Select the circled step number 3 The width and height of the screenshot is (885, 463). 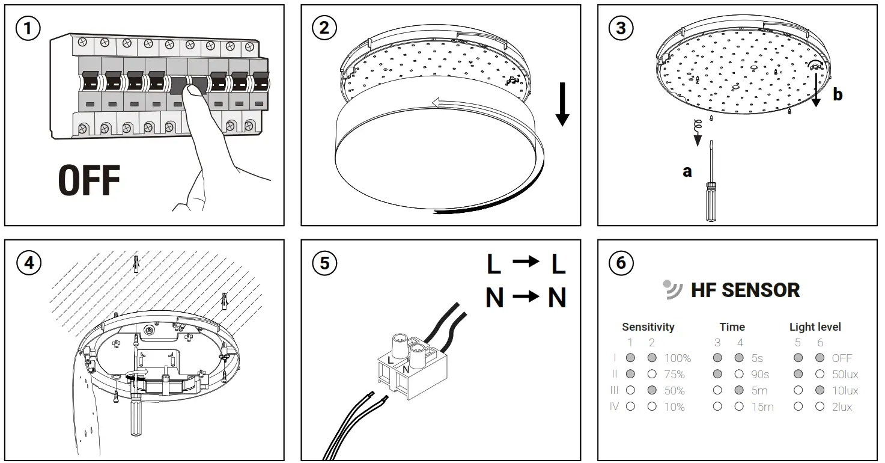point(621,28)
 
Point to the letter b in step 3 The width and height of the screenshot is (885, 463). point(837,94)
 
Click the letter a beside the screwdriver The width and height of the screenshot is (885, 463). point(687,172)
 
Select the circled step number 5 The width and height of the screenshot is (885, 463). point(324,263)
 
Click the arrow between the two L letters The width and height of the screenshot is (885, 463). point(526,263)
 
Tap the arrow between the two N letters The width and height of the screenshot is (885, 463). point(526,297)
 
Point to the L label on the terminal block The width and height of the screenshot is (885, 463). point(391,360)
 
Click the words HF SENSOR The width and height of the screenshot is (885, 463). point(745,290)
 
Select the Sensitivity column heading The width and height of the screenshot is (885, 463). point(648,327)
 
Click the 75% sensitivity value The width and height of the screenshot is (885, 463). point(675,375)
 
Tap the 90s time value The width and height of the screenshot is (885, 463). point(760,375)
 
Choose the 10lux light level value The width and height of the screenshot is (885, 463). point(845,391)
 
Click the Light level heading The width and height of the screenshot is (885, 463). point(815,327)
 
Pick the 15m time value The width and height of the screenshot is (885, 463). point(762,407)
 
